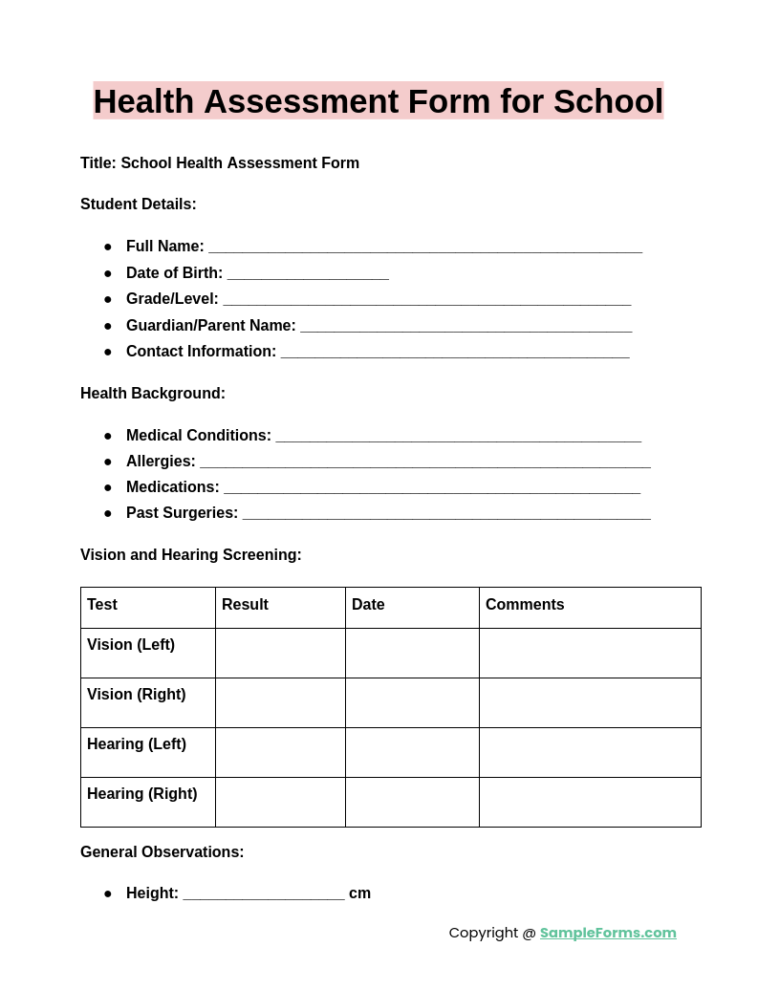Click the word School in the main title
coord(607,101)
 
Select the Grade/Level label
coord(172,299)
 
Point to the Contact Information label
coord(201,352)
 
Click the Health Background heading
coord(153,394)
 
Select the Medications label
coord(173,487)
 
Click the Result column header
coord(245,605)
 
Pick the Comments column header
coord(525,605)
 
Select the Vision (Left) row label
coord(131,645)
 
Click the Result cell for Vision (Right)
coord(280,702)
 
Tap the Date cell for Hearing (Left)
coord(412,752)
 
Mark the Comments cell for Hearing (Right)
coord(590,802)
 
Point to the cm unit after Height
coord(359,893)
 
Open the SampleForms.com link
coord(608,933)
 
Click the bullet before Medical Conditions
coord(108,436)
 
